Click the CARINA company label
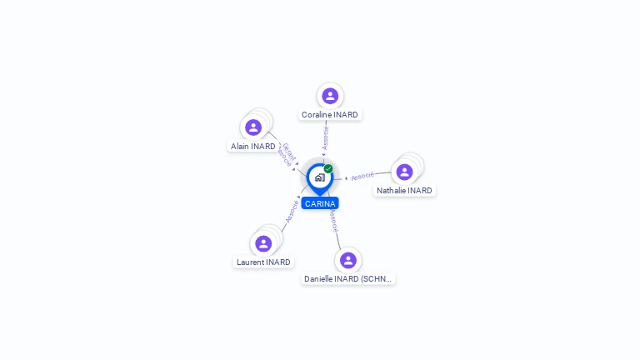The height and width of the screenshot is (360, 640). [320, 203]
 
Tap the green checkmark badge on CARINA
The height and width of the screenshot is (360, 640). [328, 169]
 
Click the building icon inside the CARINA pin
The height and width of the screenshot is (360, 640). [320, 177]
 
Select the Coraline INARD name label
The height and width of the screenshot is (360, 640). [330, 114]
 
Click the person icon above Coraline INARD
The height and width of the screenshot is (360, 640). [330, 96]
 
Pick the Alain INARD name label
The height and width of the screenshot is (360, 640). [252, 146]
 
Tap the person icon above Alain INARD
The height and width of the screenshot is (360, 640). [253, 127]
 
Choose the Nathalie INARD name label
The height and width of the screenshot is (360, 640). [404, 190]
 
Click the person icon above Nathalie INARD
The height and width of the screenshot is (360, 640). [404, 172]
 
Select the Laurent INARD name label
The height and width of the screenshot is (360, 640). [263, 262]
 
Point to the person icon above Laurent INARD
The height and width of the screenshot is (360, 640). [263, 243]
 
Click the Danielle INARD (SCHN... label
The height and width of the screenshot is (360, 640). [348, 278]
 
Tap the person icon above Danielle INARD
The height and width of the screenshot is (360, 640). [348, 260]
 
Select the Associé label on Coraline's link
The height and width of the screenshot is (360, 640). [326, 137]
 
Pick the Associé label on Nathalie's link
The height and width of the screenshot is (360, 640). [362, 177]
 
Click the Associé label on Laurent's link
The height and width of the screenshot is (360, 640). [292, 211]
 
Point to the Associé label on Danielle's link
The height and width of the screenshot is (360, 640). [332, 220]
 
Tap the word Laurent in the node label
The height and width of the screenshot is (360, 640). [251, 262]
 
